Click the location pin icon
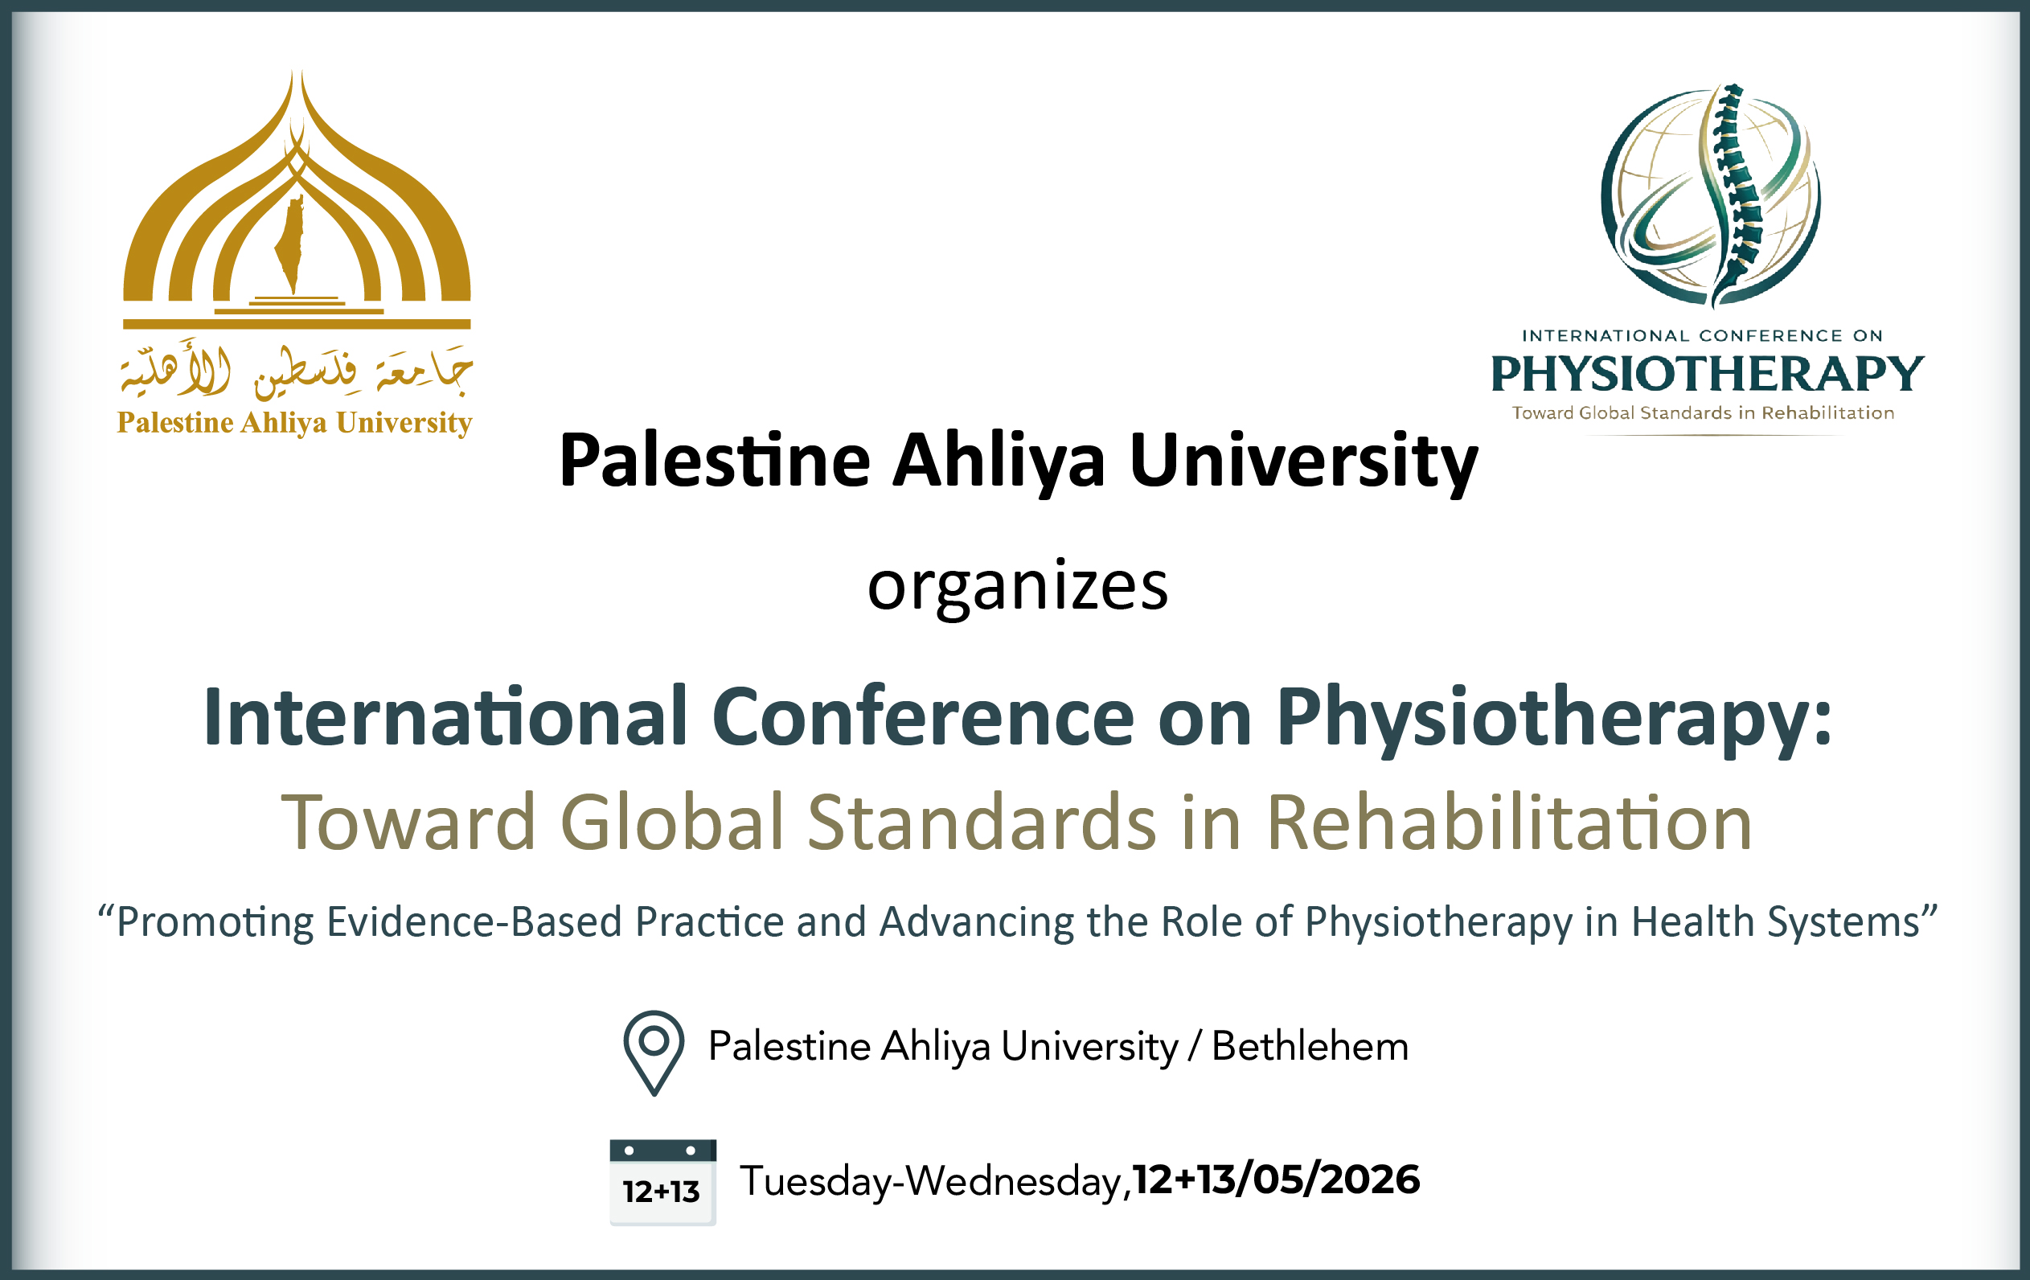pyautogui.click(x=654, y=1050)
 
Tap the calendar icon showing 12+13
pyautogui.click(x=662, y=1181)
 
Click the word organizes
pyautogui.click(x=1018, y=586)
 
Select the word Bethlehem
pyautogui.click(x=1309, y=1046)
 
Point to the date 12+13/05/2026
pyautogui.click(x=1277, y=1179)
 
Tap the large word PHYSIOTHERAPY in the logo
pyautogui.click(x=1707, y=375)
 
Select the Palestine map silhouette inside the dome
pyautogui.click(x=292, y=244)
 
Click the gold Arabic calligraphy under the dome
pyautogui.click(x=295, y=371)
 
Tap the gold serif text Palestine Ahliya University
pyautogui.click(x=294, y=422)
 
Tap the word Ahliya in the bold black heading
pyautogui.click(x=999, y=462)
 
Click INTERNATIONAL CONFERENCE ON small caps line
pyautogui.click(x=1702, y=335)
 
